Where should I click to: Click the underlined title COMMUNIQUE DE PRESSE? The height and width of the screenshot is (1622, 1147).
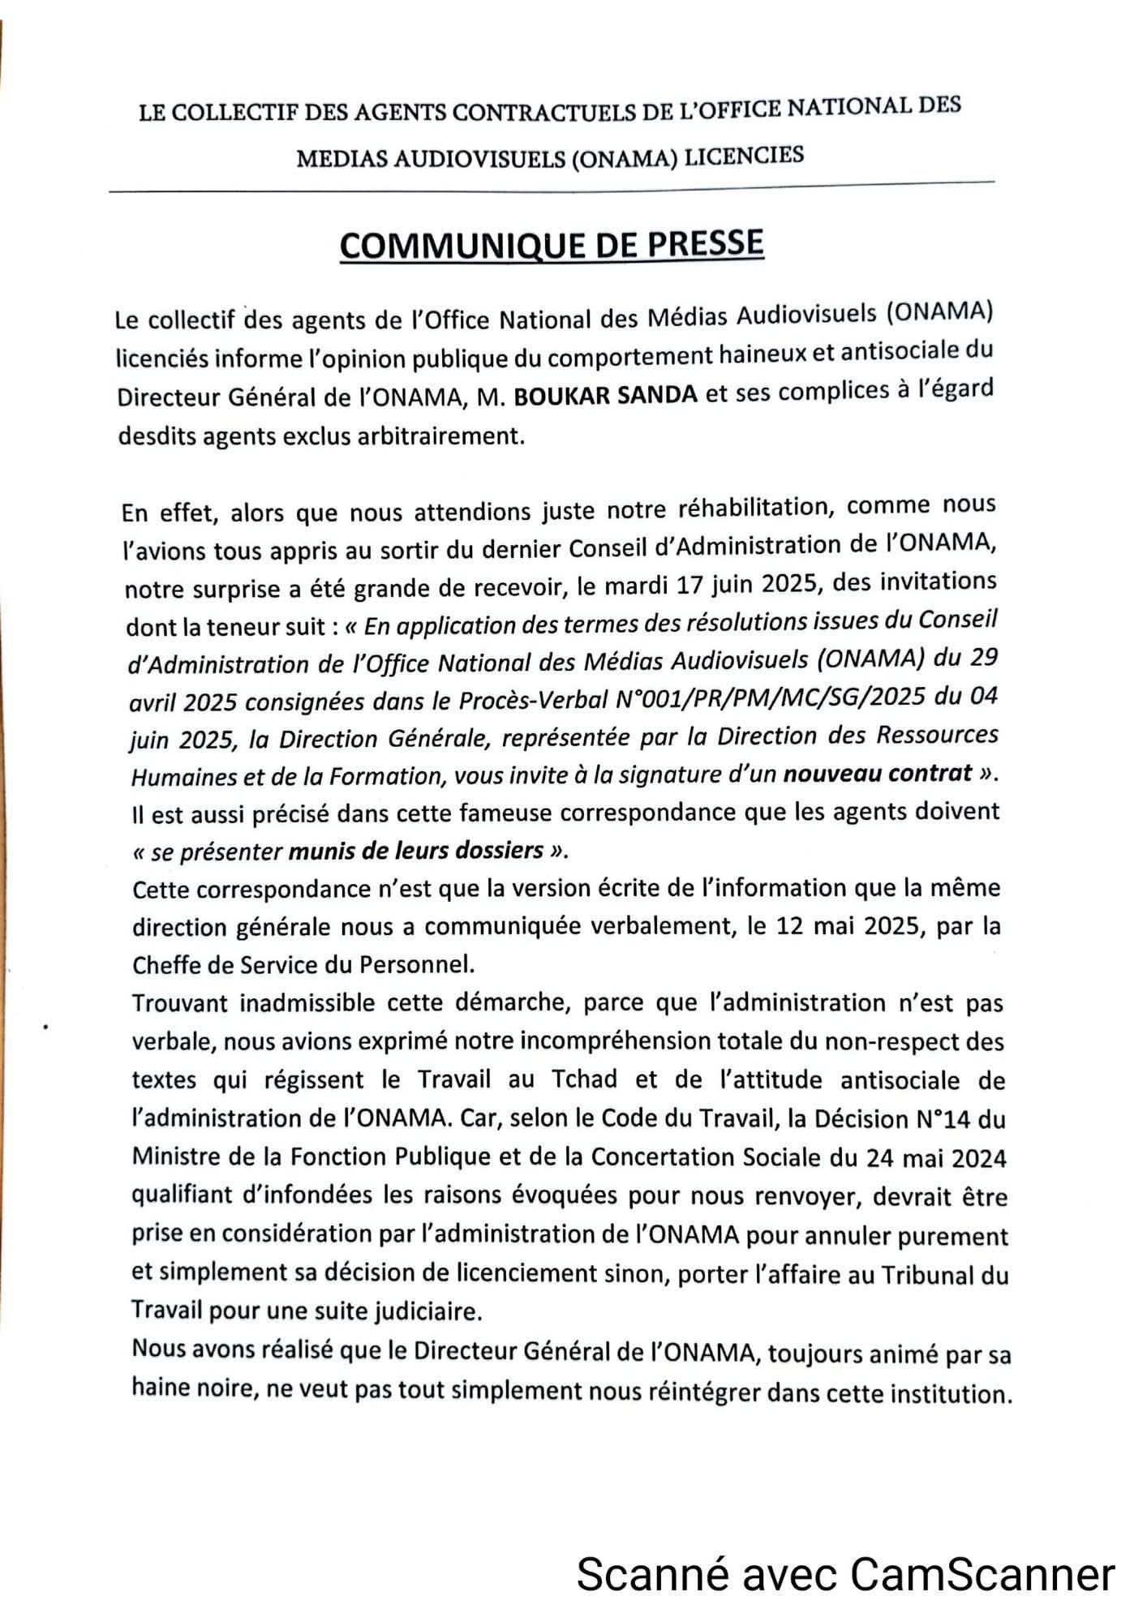pyautogui.click(x=552, y=244)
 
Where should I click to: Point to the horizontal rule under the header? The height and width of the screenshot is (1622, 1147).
pyautogui.click(x=552, y=187)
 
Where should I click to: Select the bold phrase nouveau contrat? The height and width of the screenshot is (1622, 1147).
pyautogui.click(x=877, y=774)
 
